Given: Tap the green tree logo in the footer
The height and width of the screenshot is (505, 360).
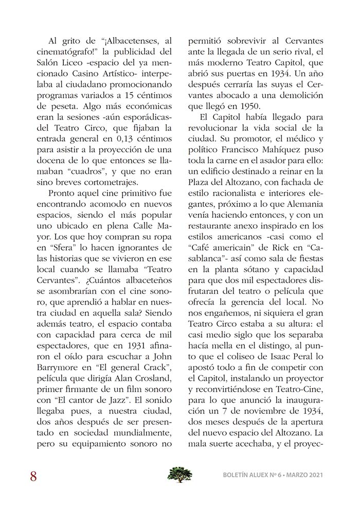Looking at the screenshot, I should coord(179,474).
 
